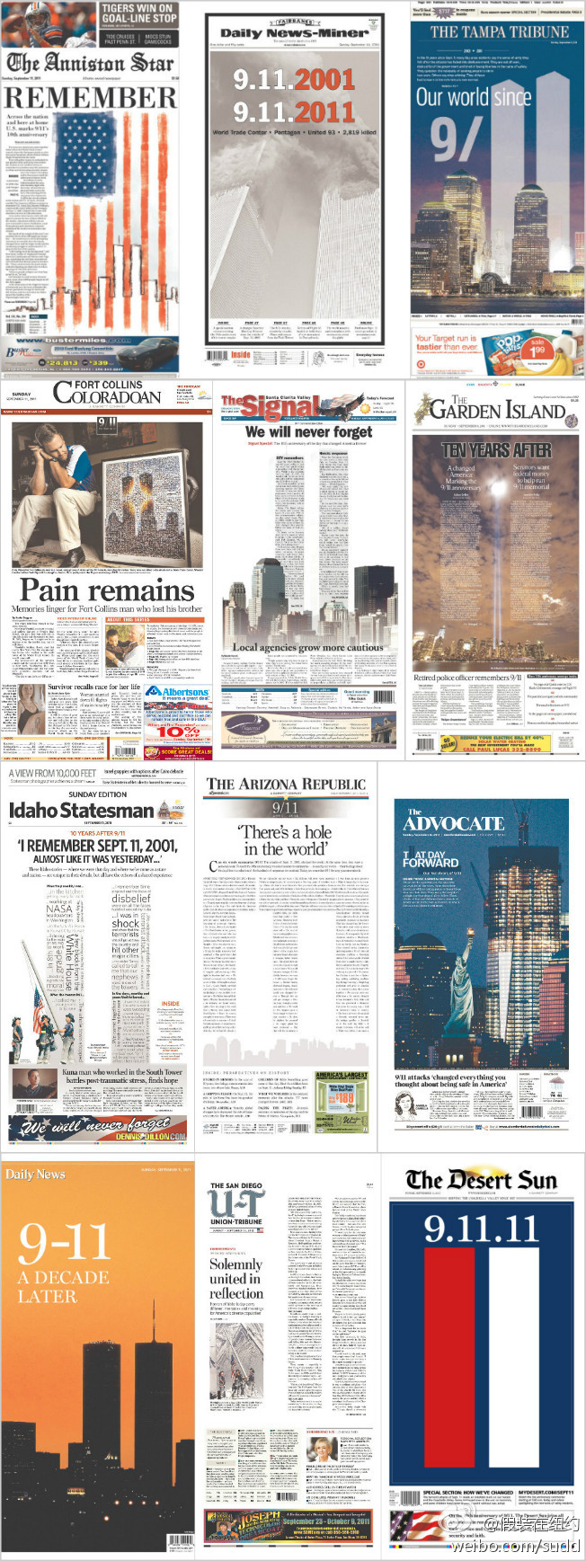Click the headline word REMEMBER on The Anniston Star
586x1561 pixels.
[x=90, y=97]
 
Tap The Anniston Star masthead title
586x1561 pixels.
[x=90, y=63]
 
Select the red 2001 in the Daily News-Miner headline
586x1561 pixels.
[x=325, y=79]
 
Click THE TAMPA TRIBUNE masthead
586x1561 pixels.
[x=499, y=31]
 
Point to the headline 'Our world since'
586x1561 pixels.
[x=474, y=97]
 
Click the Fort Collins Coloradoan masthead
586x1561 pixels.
[x=108, y=392]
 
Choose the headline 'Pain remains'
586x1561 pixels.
[x=107, y=590]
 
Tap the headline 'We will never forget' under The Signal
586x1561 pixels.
[x=309, y=431]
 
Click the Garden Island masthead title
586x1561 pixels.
[x=498, y=409]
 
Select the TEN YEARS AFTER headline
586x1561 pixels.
[x=496, y=449]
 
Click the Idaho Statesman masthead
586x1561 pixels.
[x=81, y=811]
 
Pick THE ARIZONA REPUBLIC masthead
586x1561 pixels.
[x=286, y=784]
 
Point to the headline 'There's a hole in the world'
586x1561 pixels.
[x=287, y=840]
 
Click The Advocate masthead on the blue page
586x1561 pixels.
[x=453, y=822]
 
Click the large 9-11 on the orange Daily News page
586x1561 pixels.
[x=64, y=1243]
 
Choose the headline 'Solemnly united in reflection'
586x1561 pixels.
[x=236, y=1279]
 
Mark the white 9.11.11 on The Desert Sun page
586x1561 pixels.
[x=480, y=1228]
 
